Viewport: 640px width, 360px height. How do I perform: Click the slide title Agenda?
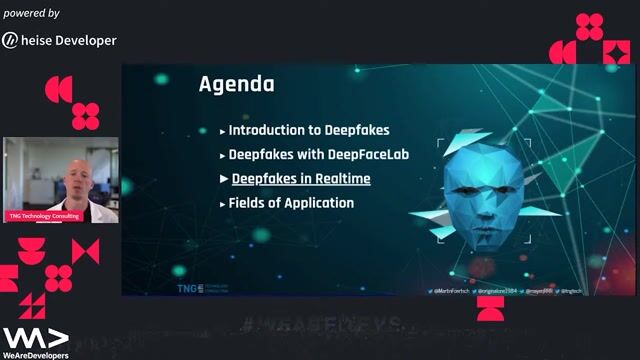(x=236, y=84)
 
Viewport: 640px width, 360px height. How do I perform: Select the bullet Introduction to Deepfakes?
(x=308, y=130)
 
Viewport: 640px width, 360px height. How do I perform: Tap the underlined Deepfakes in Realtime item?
(x=301, y=179)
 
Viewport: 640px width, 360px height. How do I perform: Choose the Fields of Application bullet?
(x=291, y=203)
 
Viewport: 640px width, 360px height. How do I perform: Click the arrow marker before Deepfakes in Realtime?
(x=223, y=179)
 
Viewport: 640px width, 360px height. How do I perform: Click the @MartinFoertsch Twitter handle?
(x=456, y=290)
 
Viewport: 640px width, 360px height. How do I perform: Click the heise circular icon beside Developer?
(x=10, y=40)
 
